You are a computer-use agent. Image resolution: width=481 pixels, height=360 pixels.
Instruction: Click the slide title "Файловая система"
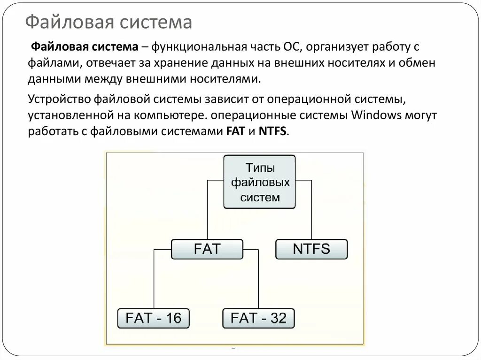coord(109,22)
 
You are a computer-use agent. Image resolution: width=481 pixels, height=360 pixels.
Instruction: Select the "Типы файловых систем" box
coord(260,182)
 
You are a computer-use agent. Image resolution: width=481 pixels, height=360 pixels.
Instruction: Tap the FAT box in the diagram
coord(207,249)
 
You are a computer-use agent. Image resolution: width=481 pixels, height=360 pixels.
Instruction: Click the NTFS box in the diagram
coord(311,249)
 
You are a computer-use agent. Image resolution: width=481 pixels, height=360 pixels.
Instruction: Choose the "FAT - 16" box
coord(153,318)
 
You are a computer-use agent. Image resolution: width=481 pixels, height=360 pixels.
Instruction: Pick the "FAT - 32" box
coord(258,318)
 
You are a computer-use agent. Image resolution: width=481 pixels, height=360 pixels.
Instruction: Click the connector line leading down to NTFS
coord(311,211)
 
